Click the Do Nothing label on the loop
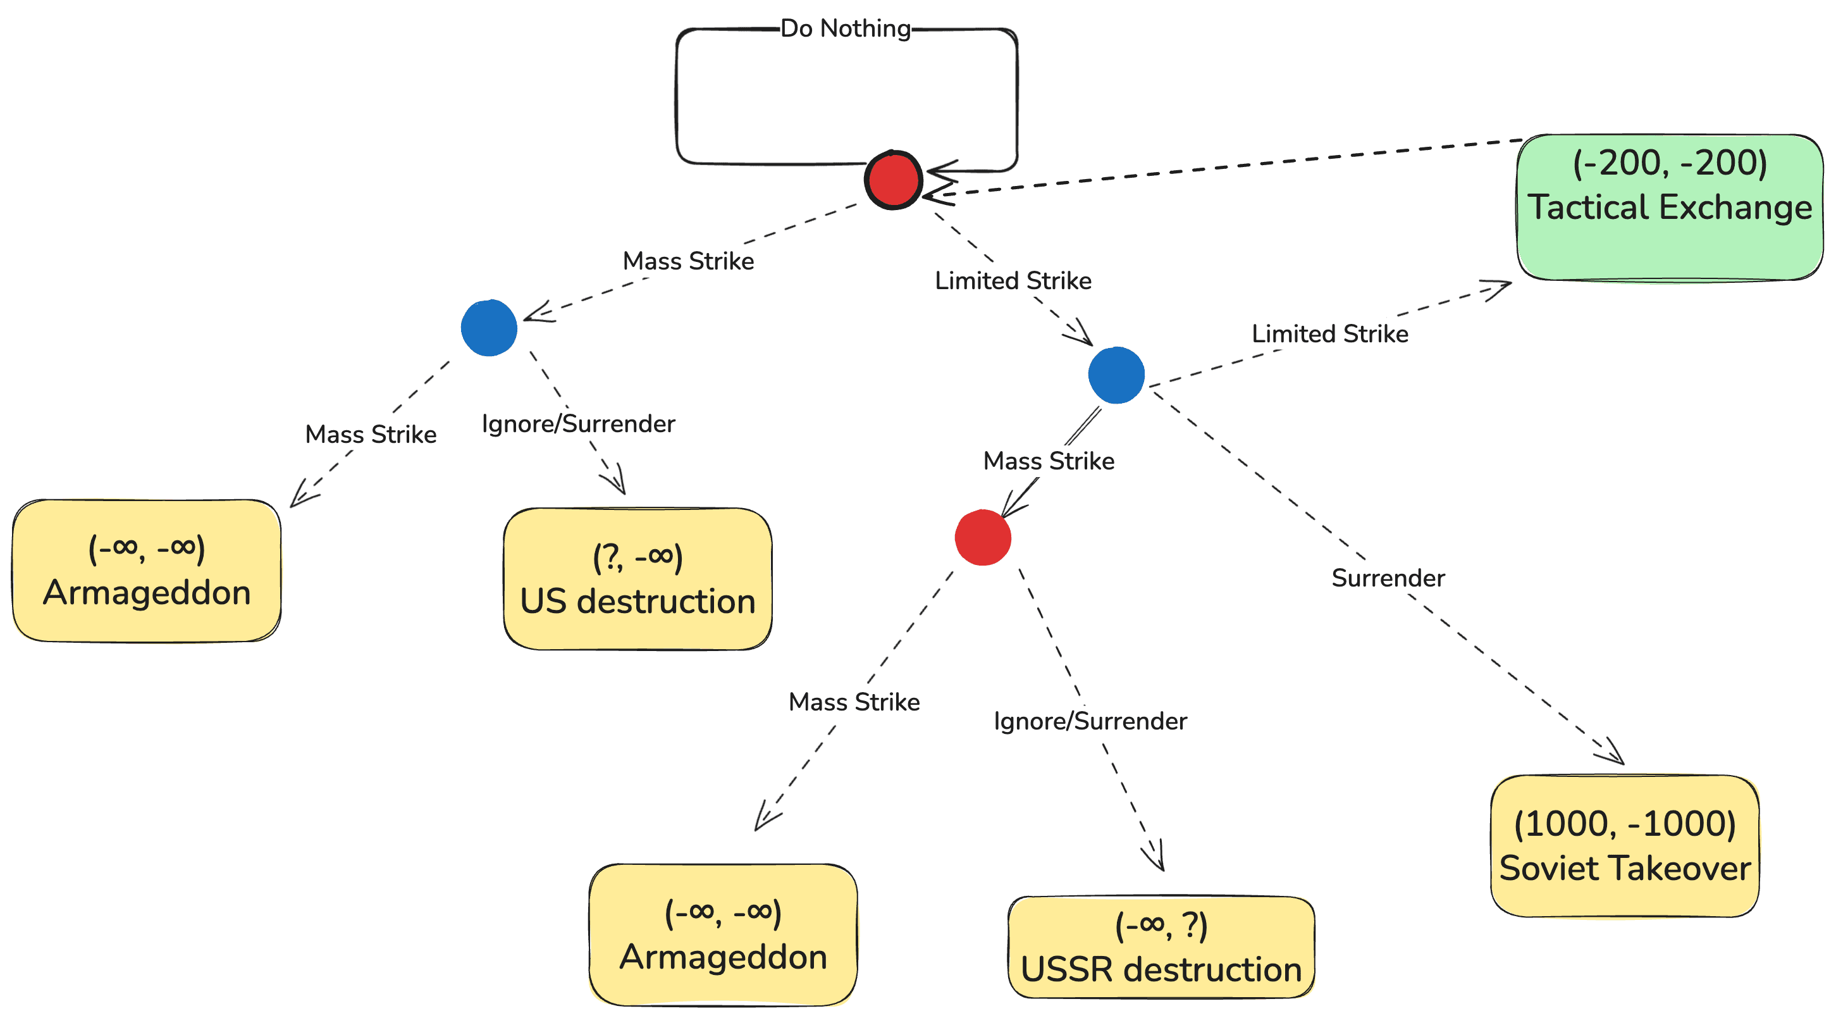(x=846, y=28)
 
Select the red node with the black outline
(x=893, y=180)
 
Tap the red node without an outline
(x=983, y=538)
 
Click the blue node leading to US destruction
(x=489, y=328)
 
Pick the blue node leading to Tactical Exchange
(x=1116, y=375)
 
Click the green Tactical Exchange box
(x=1669, y=208)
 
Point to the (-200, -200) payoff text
(x=1669, y=163)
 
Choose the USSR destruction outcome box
(x=1161, y=947)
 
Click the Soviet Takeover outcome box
(x=1625, y=846)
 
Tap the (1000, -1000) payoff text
(x=1625, y=823)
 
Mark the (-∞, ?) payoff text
(x=1161, y=926)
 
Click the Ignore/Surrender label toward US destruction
(x=578, y=424)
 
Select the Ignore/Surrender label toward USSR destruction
(x=1090, y=721)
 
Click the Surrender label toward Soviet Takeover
(x=1388, y=578)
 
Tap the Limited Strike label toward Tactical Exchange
(x=1330, y=333)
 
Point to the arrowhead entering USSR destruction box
(x=1155, y=859)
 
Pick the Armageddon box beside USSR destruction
(x=723, y=934)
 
